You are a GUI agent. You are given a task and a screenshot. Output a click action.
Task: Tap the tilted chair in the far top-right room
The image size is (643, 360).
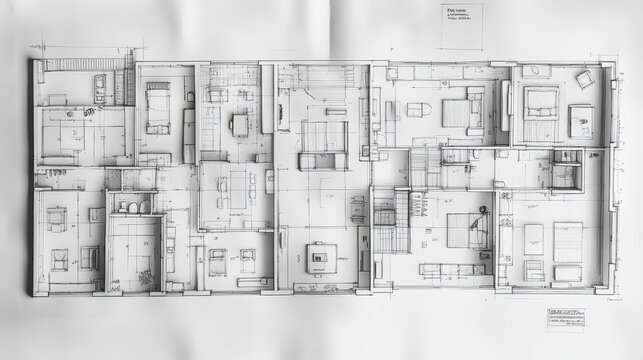tap(585, 79)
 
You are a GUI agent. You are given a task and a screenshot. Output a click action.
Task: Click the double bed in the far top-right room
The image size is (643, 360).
tap(540, 103)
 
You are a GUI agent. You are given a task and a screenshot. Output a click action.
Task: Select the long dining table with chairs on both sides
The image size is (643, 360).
tap(236, 189)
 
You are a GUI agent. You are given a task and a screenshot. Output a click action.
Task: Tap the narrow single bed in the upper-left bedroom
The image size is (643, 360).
tap(157, 108)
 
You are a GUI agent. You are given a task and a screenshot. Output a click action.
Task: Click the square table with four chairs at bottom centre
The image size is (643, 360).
tap(318, 257)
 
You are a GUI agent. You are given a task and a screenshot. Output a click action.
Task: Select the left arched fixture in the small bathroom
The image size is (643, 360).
tap(125, 207)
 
